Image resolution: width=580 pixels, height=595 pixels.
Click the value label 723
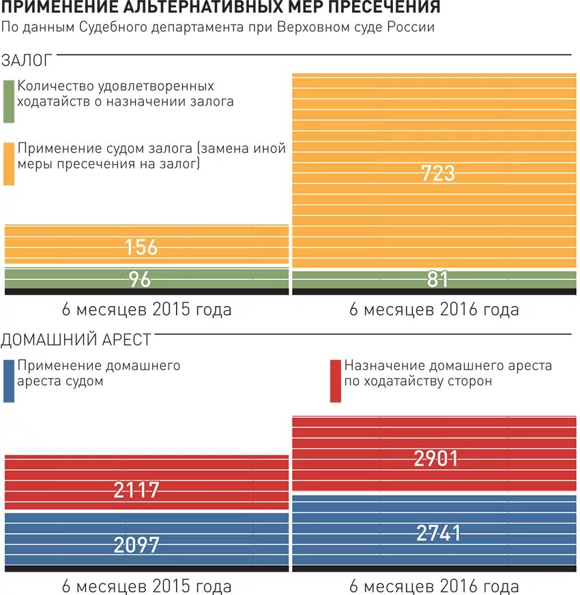(x=438, y=172)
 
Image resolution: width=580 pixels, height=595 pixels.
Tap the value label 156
(x=141, y=247)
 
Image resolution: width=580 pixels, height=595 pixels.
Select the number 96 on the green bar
(x=140, y=279)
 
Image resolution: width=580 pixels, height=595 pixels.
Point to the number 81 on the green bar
(x=438, y=279)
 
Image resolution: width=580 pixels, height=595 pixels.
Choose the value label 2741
(x=439, y=533)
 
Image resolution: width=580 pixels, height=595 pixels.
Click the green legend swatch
(x=9, y=102)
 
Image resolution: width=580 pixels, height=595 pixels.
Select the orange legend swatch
(x=9, y=164)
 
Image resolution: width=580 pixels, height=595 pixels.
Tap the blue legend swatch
(x=9, y=380)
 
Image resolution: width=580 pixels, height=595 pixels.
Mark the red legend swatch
(x=335, y=380)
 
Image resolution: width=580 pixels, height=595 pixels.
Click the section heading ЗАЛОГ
(x=27, y=60)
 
